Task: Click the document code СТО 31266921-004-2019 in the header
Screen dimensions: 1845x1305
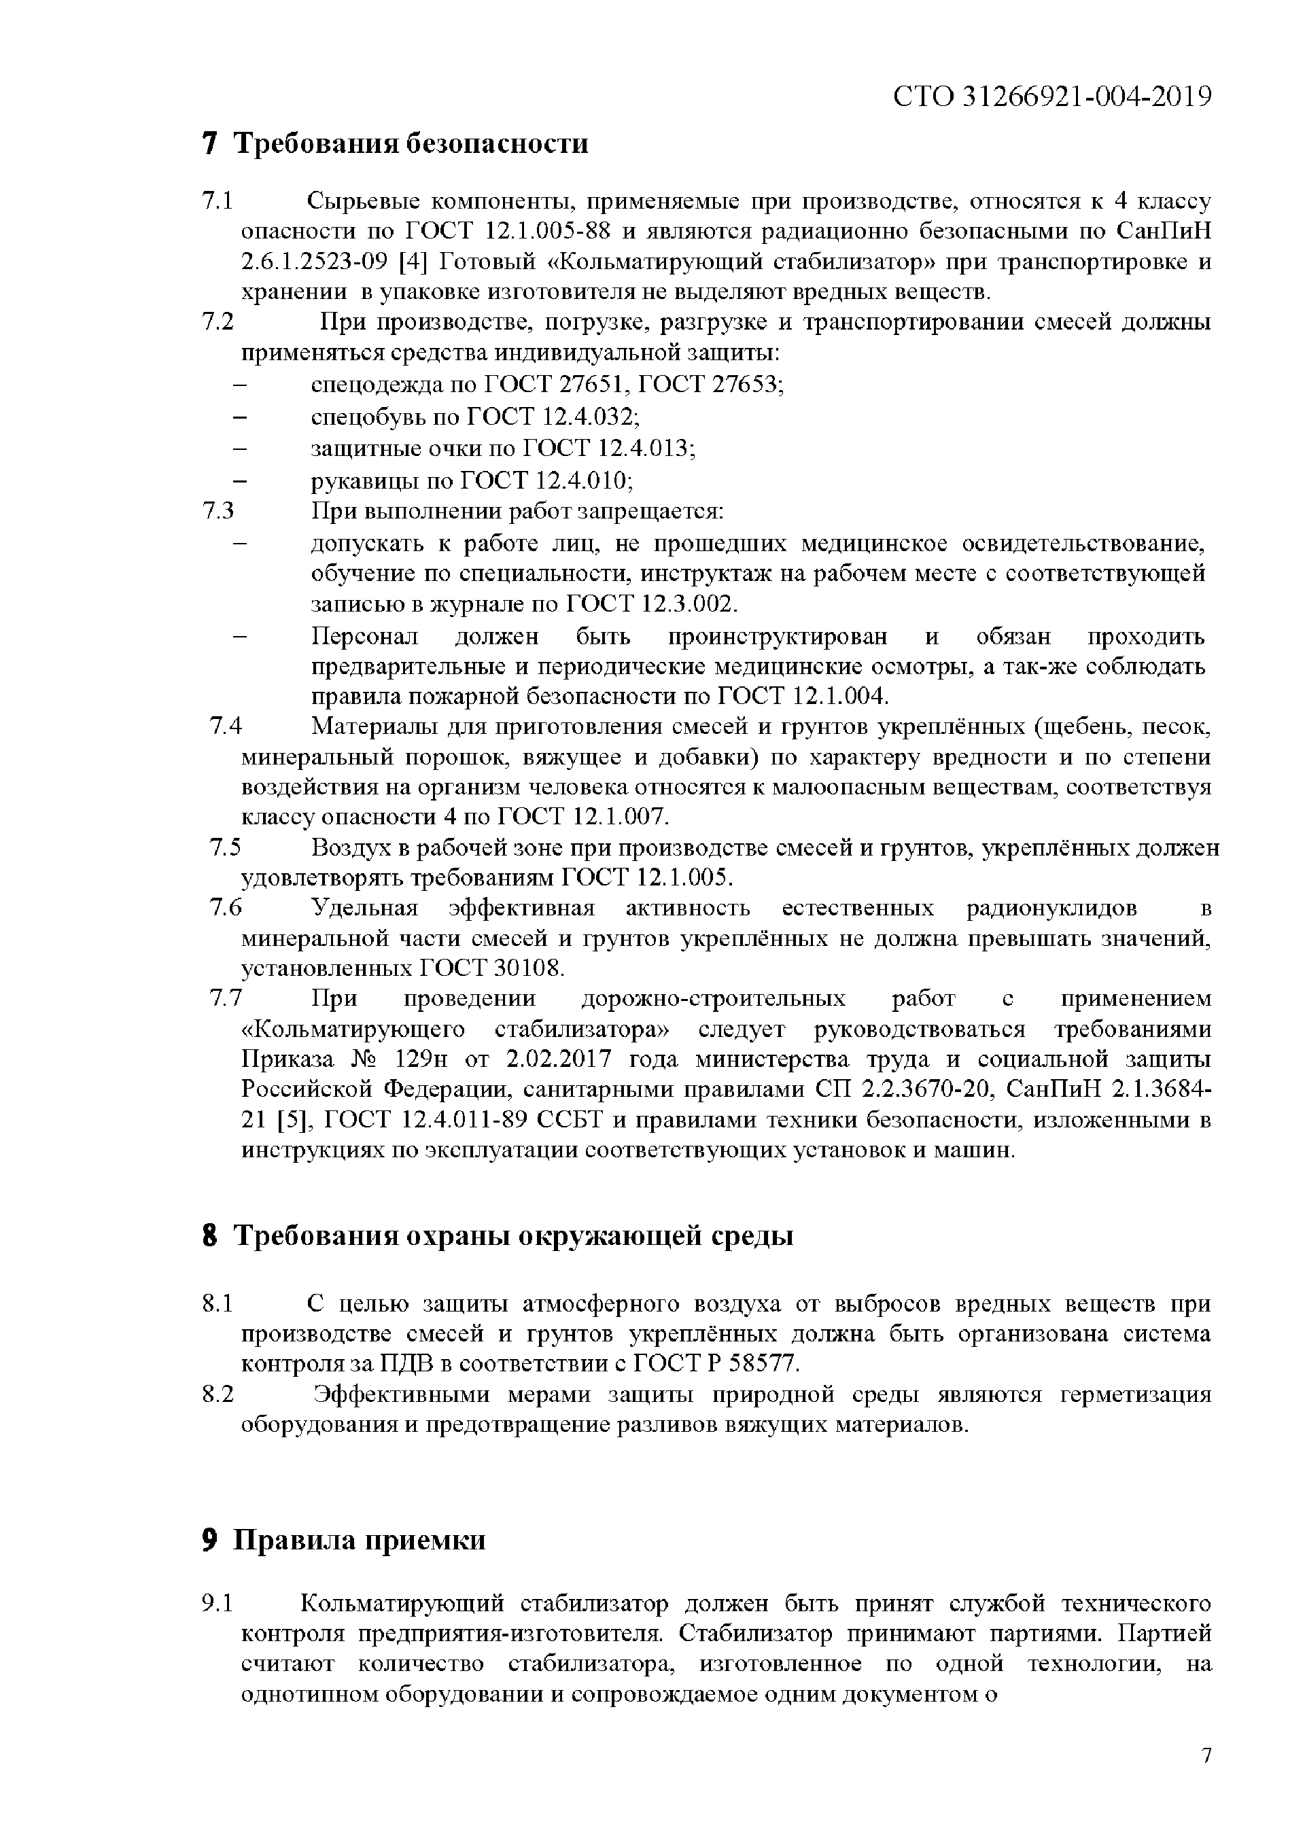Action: point(1052,97)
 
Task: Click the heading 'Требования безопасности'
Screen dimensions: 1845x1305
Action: point(411,144)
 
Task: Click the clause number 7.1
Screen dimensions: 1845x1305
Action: point(217,201)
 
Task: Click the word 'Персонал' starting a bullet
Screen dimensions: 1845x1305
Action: point(365,637)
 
